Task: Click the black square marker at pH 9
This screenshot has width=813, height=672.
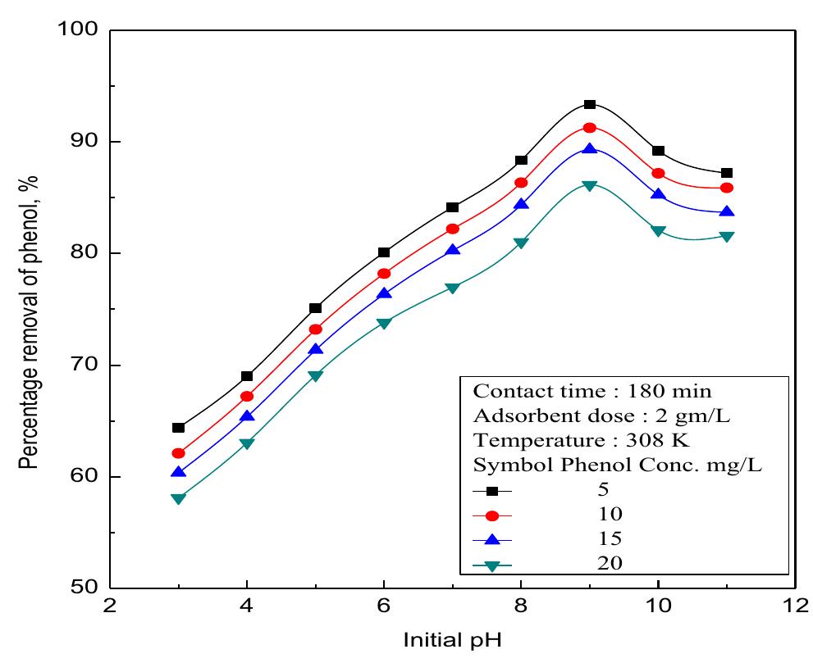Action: click(x=589, y=105)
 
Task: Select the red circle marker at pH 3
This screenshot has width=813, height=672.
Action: click(x=179, y=453)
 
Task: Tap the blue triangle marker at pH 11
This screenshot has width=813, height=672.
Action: click(x=726, y=212)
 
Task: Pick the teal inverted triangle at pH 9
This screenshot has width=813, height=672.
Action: click(x=589, y=186)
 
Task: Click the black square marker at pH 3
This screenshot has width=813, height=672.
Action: click(x=179, y=428)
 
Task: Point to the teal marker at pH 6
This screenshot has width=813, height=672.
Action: click(x=384, y=323)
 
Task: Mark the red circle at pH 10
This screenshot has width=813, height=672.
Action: click(x=658, y=174)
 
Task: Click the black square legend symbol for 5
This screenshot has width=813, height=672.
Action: click(x=492, y=491)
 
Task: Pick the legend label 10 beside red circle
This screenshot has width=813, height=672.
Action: click(x=610, y=515)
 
